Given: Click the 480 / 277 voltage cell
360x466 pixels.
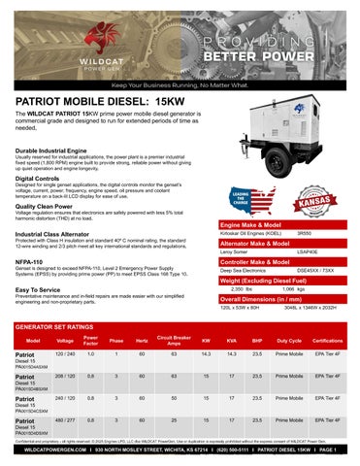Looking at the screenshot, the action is coord(67,420).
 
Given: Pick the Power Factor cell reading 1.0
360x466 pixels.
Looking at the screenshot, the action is coord(91,354).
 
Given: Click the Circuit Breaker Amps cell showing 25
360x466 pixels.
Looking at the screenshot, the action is coord(172,420).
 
